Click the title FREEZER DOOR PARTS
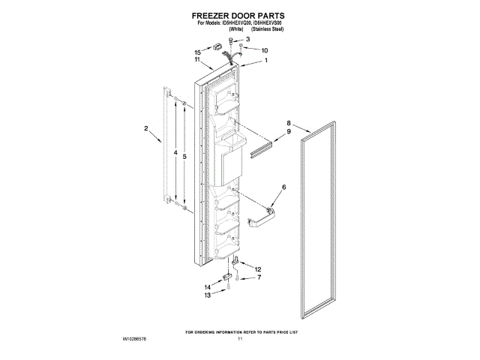coord(239,14)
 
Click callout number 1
coord(265,61)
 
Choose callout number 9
coord(288,132)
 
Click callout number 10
coord(264,50)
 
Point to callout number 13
coord(207,295)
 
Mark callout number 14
coord(207,286)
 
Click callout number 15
coord(198,52)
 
